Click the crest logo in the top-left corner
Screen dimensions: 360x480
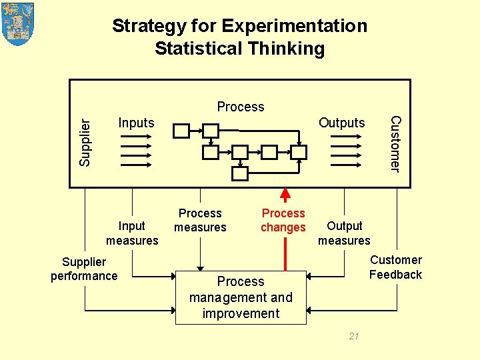coord(18,24)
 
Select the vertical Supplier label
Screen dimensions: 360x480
coord(85,141)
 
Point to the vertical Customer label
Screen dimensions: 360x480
coord(395,143)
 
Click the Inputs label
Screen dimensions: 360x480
coord(136,123)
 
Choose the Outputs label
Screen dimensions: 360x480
coord(342,123)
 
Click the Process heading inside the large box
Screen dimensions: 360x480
coord(241,107)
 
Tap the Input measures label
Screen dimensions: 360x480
coord(132,233)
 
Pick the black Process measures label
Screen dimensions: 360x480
coord(200,220)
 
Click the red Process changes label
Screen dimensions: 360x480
coord(283,220)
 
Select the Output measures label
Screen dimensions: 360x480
coord(344,233)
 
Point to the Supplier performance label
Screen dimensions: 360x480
coord(84,269)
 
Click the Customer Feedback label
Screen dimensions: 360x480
coord(396,267)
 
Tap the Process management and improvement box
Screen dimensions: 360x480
coord(241,297)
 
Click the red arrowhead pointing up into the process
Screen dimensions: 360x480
coord(285,195)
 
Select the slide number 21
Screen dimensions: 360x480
coord(354,336)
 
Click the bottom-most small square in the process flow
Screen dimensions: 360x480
coord(240,174)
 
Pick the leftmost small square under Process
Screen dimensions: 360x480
coord(181,131)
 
